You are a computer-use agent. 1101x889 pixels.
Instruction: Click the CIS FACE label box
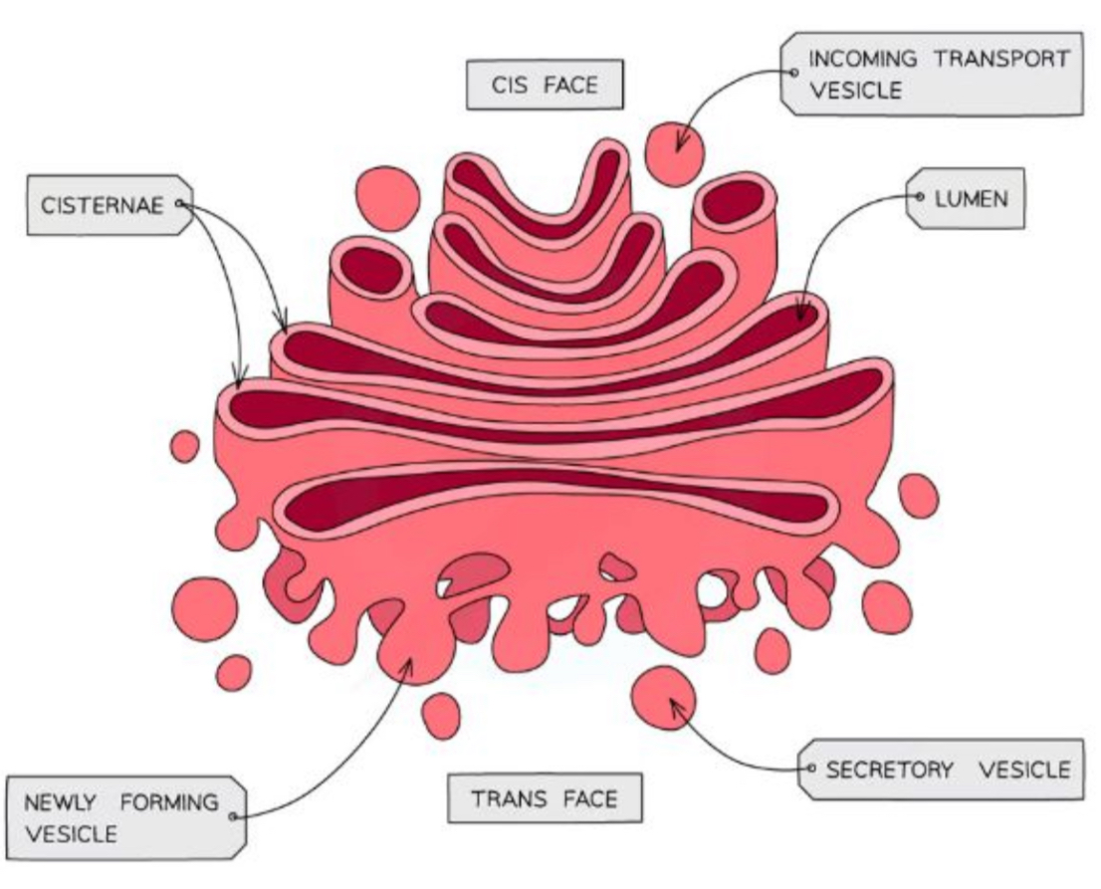[545, 84]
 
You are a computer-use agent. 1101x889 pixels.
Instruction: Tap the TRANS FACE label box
[544, 798]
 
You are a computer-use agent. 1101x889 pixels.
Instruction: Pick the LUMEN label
[971, 198]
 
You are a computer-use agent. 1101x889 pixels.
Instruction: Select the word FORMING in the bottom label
[165, 802]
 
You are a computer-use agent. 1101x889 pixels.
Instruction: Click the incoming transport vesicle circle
[674, 155]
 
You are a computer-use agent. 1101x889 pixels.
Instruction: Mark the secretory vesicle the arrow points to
[665, 694]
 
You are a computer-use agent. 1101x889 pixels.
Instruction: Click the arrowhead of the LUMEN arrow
[800, 318]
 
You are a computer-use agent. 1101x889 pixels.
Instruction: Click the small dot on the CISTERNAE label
[179, 203]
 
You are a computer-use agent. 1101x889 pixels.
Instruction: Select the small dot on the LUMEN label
[921, 198]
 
